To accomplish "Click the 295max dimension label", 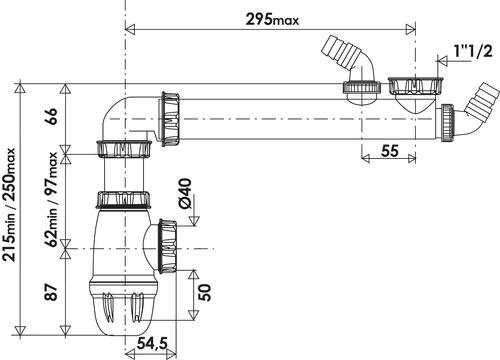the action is click(272, 19).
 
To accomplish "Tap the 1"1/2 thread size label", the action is click(473, 51).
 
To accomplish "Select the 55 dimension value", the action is click(389, 151).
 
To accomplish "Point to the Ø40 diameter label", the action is click(185, 193).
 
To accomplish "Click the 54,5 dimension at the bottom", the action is click(152, 344).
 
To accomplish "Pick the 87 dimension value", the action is click(52, 292).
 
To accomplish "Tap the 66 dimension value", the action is click(52, 116).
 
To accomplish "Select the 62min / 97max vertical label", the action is click(52, 199).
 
